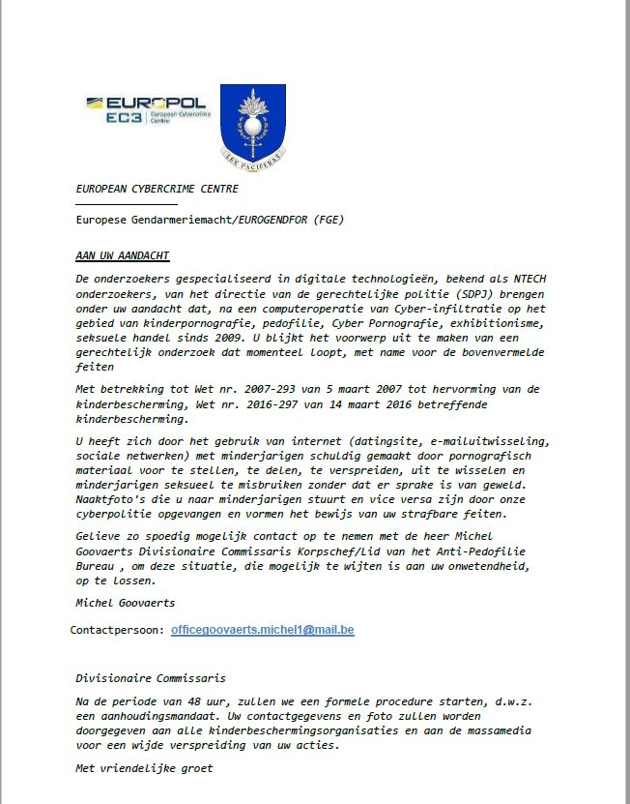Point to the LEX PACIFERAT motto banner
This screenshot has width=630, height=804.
[252, 155]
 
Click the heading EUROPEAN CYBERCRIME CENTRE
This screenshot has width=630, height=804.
[157, 189]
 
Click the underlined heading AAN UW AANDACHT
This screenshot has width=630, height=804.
[123, 255]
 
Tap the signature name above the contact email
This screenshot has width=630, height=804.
[124, 602]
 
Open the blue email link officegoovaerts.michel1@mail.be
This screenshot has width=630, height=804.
[262, 630]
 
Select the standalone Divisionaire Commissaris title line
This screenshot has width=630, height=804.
[151, 679]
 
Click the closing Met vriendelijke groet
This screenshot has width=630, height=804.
[143, 768]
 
